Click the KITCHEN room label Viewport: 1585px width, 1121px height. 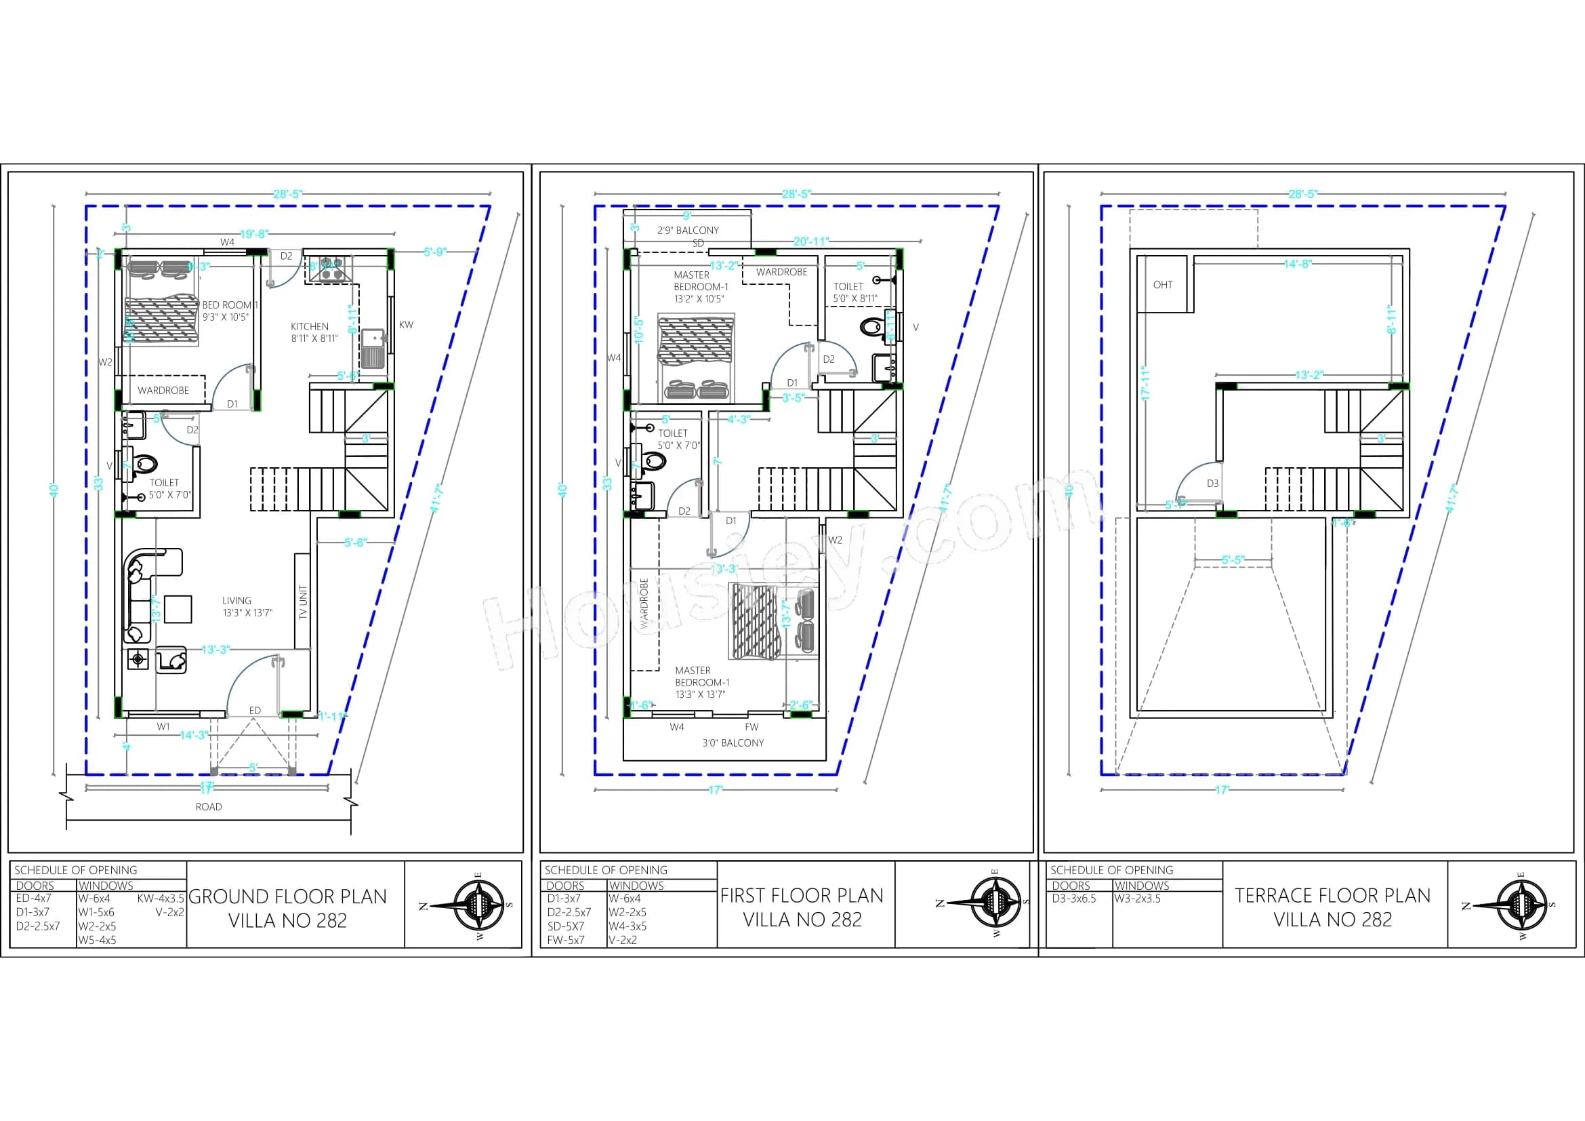(x=309, y=326)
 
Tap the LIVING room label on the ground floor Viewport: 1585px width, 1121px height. (x=236, y=600)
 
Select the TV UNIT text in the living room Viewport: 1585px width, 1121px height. (x=303, y=602)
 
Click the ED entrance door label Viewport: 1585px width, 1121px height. (x=255, y=710)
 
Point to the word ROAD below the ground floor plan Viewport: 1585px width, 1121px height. (x=209, y=807)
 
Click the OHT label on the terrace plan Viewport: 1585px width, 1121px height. (x=1163, y=285)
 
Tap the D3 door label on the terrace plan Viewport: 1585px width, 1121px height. (x=1213, y=484)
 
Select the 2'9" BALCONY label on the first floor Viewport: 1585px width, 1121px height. (x=688, y=230)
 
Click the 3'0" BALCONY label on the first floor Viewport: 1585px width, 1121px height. (x=733, y=743)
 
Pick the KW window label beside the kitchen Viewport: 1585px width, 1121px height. (x=406, y=325)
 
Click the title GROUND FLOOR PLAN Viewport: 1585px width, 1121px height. (x=288, y=897)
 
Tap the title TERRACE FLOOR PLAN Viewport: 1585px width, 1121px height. (x=1332, y=896)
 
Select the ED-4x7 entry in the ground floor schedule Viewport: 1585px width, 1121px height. (x=34, y=899)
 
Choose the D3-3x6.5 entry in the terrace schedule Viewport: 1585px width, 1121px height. (x=1073, y=899)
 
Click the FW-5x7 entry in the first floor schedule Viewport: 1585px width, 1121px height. (x=565, y=940)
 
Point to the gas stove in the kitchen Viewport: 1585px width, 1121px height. (x=329, y=270)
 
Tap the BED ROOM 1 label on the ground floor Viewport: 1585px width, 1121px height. (x=230, y=304)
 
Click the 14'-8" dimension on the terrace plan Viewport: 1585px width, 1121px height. (x=1298, y=263)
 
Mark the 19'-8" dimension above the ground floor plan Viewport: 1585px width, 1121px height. (x=254, y=234)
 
